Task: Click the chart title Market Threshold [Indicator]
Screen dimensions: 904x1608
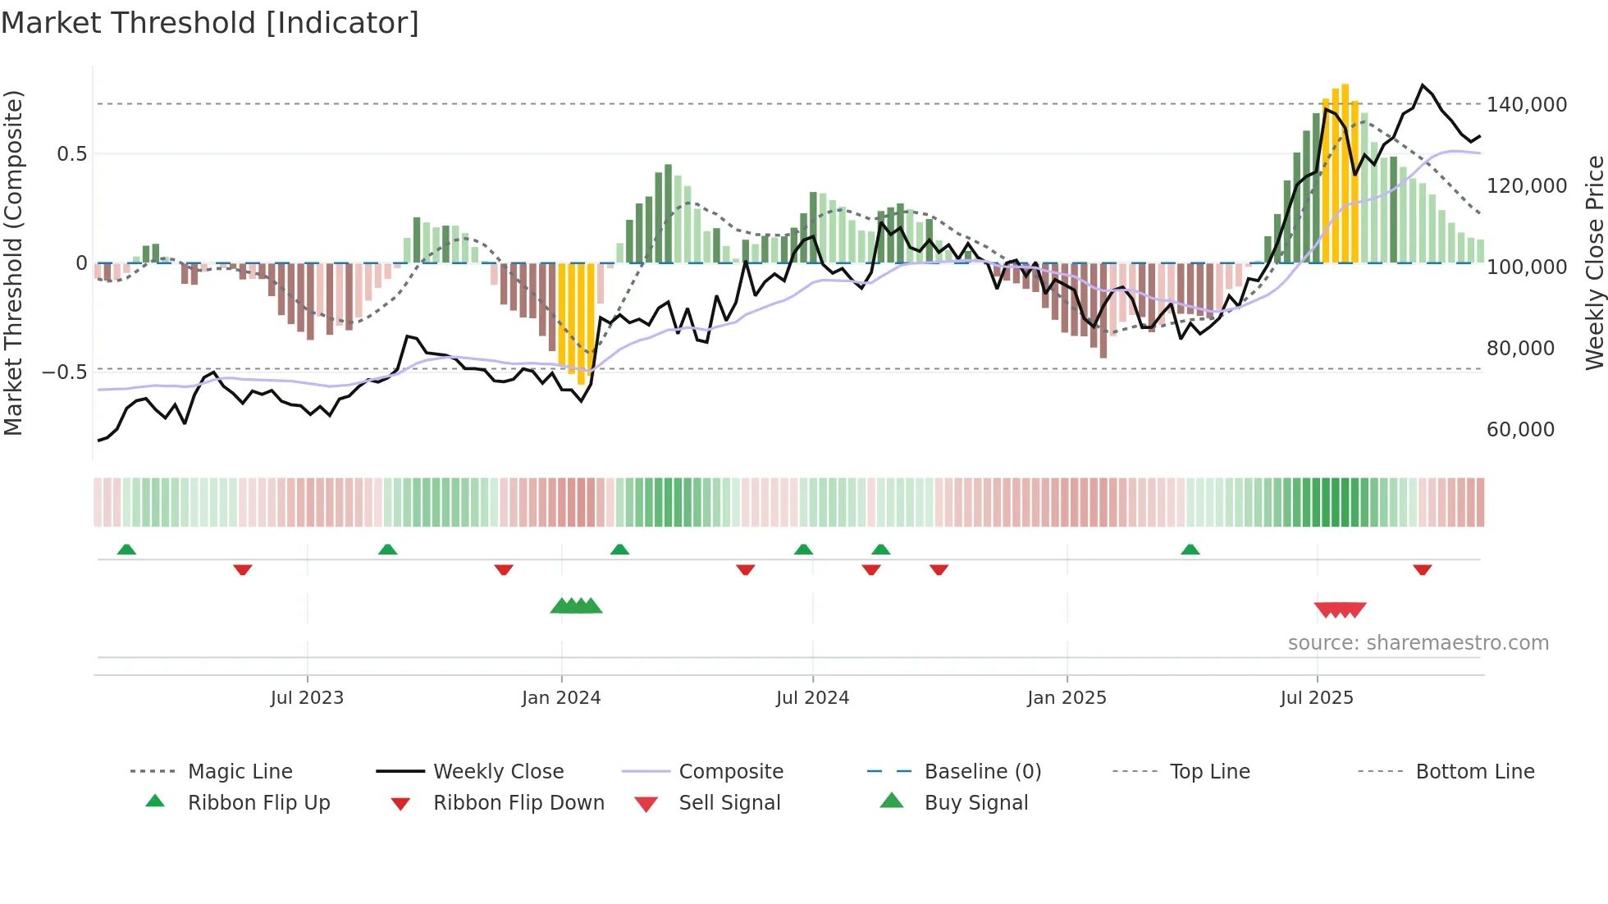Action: (210, 23)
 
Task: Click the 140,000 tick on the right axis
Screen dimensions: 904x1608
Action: (1526, 105)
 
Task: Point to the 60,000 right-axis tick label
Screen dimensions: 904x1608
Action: (1520, 430)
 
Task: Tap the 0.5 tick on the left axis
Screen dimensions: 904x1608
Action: (71, 154)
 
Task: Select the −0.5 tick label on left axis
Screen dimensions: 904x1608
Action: (65, 372)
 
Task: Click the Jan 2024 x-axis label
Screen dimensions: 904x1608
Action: (561, 698)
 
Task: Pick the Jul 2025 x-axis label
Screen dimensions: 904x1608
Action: (1316, 698)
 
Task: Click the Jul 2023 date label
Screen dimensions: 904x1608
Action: (307, 698)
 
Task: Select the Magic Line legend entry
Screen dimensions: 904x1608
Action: (240, 772)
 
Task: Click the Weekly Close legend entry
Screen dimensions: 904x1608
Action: (498, 772)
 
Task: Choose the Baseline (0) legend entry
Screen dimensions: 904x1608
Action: (982, 772)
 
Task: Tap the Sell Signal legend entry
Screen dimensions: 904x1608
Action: (729, 803)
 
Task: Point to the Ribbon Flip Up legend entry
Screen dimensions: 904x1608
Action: (258, 803)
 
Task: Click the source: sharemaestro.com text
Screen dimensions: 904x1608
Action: (1418, 643)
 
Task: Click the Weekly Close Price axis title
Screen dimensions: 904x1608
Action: (1594, 263)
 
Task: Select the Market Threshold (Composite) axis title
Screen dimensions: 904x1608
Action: (13, 263)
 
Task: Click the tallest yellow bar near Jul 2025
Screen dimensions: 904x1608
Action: (1345, 172)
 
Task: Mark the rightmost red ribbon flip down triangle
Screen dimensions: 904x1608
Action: (1422, 569)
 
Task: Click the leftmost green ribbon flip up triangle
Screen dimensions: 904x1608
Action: (126, 550)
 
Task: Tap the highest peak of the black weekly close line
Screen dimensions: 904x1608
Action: (1423, 85)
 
